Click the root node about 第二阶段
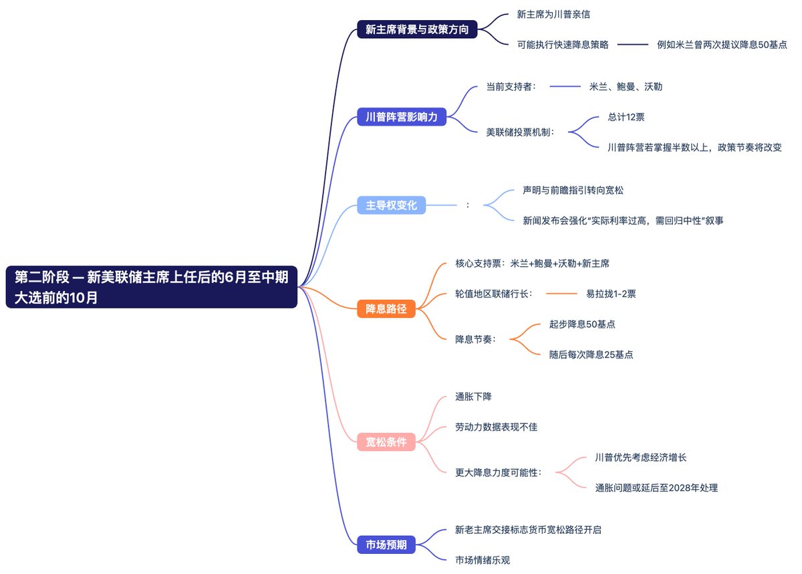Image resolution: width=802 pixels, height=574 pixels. click(151, 287)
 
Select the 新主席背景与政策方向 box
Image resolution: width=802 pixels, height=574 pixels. click(417, 29)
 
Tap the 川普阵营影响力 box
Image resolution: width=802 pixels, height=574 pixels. click(402, 117)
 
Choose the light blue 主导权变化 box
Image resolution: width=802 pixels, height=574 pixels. click(391, 205)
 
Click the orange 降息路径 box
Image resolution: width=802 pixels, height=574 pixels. click(386, 309)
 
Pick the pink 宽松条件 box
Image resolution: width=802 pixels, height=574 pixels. click(386, 442)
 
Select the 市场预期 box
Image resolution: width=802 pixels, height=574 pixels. click(386, 545)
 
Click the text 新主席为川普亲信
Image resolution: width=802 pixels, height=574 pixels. click(553, 14)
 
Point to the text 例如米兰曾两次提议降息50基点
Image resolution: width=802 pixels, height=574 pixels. click(722, 45)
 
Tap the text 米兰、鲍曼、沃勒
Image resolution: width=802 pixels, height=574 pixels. click(626, 87)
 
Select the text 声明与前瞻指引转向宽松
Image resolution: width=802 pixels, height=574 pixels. click(573, 191)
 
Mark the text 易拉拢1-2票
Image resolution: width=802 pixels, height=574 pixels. click(611, 294)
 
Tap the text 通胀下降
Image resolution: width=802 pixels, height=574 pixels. click(473, 397)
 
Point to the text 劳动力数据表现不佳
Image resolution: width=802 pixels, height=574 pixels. click(496, 427)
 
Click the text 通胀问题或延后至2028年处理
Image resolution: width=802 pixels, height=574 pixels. click(656, 488)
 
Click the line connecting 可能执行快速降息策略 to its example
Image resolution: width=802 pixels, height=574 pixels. click(632, 45)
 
